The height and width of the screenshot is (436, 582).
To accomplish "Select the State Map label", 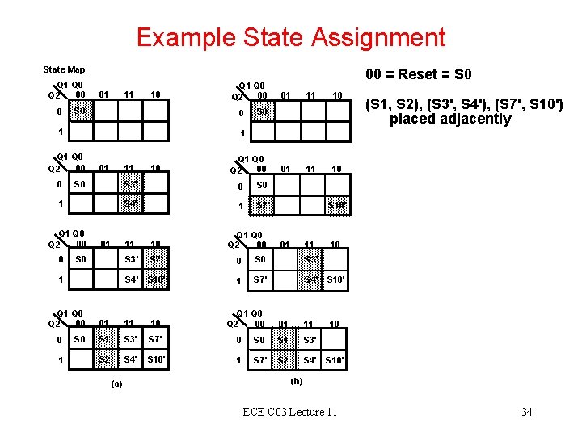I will pos(64,69).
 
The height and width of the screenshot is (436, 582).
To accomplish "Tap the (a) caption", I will pos(116,384).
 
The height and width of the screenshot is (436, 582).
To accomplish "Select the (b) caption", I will pos(297,381).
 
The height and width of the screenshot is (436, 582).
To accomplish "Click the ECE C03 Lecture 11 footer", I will pos(290,412).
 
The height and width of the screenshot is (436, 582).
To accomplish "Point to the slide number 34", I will pos(526,412).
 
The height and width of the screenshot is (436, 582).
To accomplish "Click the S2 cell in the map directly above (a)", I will pos(103,358).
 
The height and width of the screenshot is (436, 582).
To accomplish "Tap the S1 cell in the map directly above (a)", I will pos(103,339).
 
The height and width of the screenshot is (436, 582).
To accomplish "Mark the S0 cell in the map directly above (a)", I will pos(78,339).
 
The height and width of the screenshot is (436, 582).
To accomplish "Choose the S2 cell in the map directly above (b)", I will pos(284,359).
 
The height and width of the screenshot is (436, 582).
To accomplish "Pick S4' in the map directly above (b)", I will pos(310,359).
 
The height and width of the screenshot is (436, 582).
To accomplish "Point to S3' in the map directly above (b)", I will pos(310,340).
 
